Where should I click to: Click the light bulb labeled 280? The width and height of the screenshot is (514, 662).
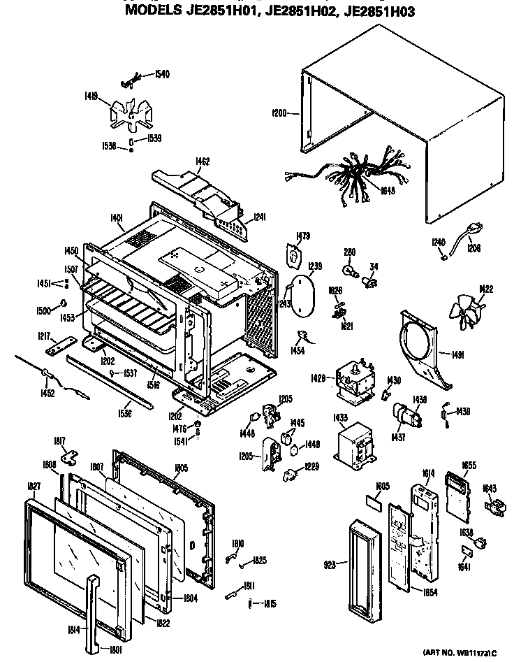pos(347,266)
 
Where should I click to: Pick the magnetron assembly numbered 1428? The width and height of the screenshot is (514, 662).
pos(353,380)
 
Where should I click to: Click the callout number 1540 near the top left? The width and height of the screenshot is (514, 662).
pos(162,74)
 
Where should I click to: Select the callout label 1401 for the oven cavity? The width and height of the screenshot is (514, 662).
pos(116,218)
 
